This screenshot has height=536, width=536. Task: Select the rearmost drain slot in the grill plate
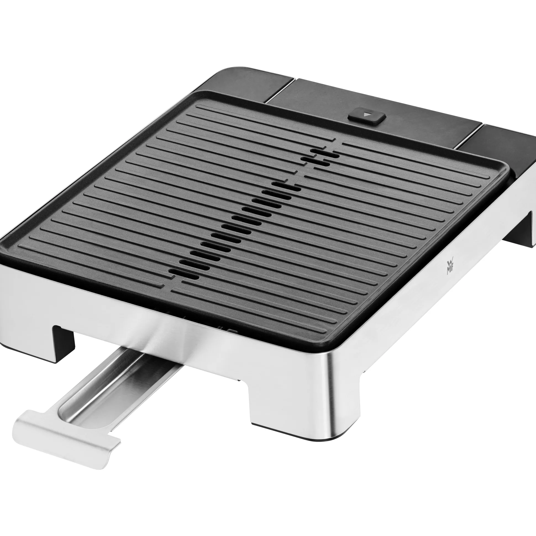(325, 154)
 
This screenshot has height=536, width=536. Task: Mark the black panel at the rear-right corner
(500, 153)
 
